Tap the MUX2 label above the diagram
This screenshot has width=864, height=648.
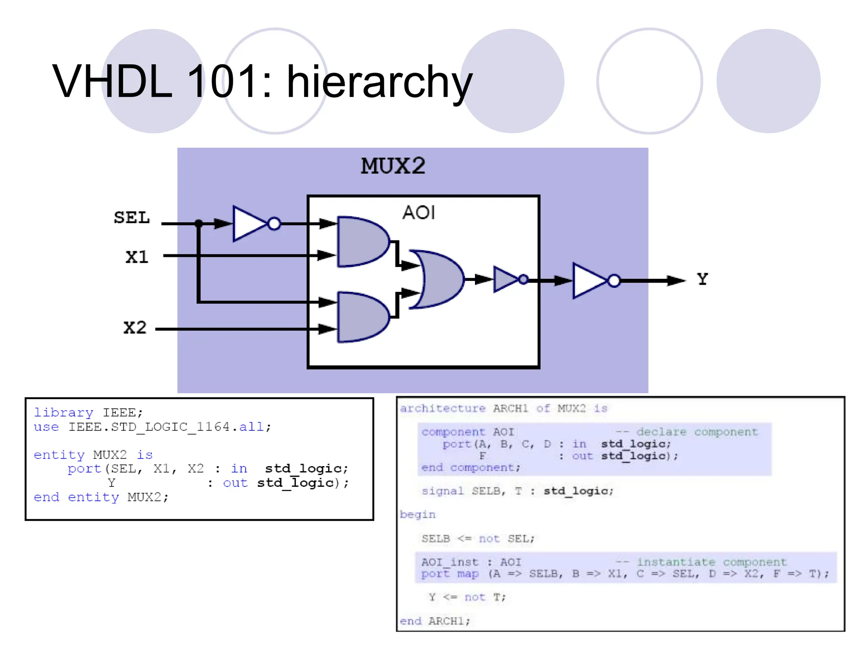(x=393, y=166)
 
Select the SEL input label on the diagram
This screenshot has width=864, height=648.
(x=132, y=218)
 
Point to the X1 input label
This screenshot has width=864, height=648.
(x=137, y=257)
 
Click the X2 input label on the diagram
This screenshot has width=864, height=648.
(x=135, y=328)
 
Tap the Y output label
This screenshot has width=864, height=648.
(x=702, y=279)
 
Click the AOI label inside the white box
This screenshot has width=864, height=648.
(x=418, y=213)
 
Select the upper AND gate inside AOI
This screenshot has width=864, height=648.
(x=361, y=242)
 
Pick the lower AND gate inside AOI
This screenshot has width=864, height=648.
(x=361, y=317)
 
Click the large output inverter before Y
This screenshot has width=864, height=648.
(x=590, y=281)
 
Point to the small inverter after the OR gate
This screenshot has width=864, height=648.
(x=506, y=279)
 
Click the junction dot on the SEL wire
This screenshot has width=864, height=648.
(x=199, y=223)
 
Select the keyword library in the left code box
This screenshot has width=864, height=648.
(x=63, y=413)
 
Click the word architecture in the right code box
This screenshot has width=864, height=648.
(x=443, y=408)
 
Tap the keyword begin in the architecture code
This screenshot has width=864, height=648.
(x=417, y=515)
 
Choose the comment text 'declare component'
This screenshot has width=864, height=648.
(x=697, y=432)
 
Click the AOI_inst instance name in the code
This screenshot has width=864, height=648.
(x=450, y=562)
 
